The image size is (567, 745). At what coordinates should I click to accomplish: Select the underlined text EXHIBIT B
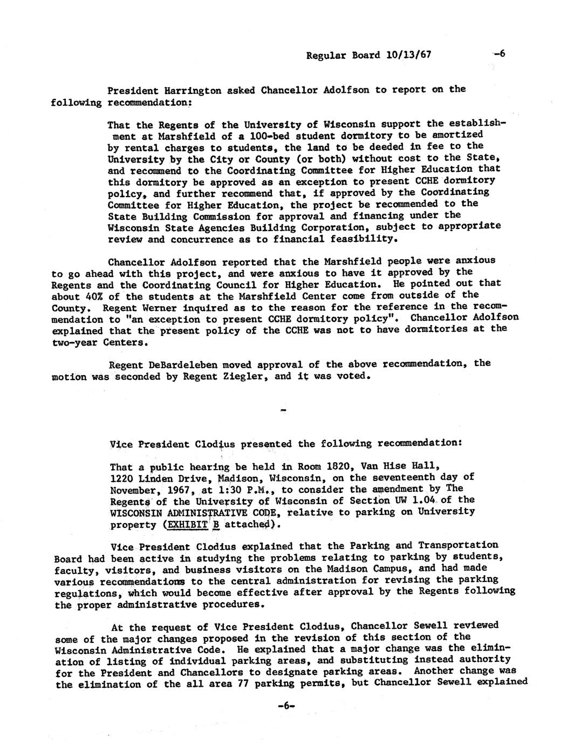(x=188, y=524)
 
